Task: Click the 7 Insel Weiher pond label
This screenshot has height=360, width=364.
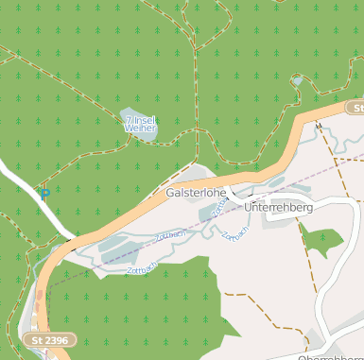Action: pos(141,124)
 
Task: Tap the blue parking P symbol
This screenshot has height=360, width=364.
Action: pos(43,194)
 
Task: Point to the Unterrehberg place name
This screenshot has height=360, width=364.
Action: pos(278,207)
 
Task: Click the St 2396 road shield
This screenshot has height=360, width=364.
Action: pos(48,339)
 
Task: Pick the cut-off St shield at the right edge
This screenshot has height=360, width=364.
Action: pos(354,109)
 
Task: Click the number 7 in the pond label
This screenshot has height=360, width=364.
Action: pos(129,120)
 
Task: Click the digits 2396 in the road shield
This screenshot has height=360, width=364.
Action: pos(55,339)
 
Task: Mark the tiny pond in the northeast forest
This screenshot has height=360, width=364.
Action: pos(298,81)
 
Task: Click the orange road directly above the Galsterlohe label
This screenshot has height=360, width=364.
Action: pos(194,180)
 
